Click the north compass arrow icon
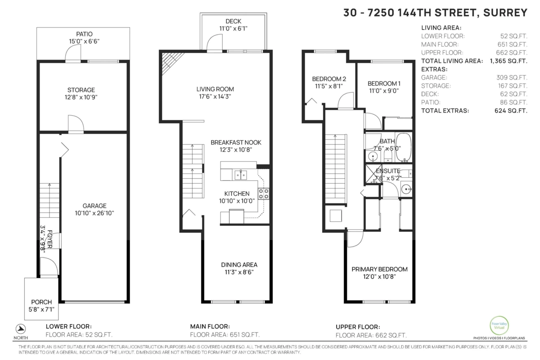21,328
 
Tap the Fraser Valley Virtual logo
499,325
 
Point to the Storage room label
81,90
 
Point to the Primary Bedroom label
379,269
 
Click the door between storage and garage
75,124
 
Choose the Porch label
41,301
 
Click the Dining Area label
239,265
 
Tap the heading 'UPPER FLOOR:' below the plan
358,327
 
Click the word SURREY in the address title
504,13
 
